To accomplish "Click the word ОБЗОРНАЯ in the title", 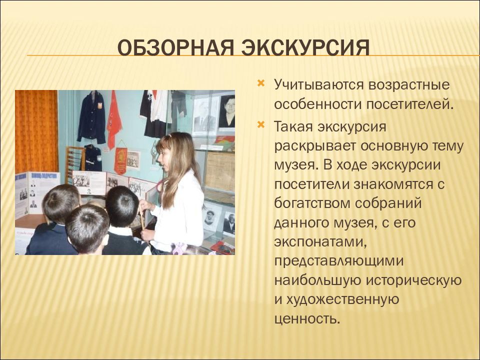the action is point(176,48).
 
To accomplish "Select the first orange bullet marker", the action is point(261,83).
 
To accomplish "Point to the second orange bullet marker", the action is point(261,124).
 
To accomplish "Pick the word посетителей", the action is point(409,104).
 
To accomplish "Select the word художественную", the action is point(342,299).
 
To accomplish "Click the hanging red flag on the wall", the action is point(114,119).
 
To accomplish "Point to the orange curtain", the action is point(36,131).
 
